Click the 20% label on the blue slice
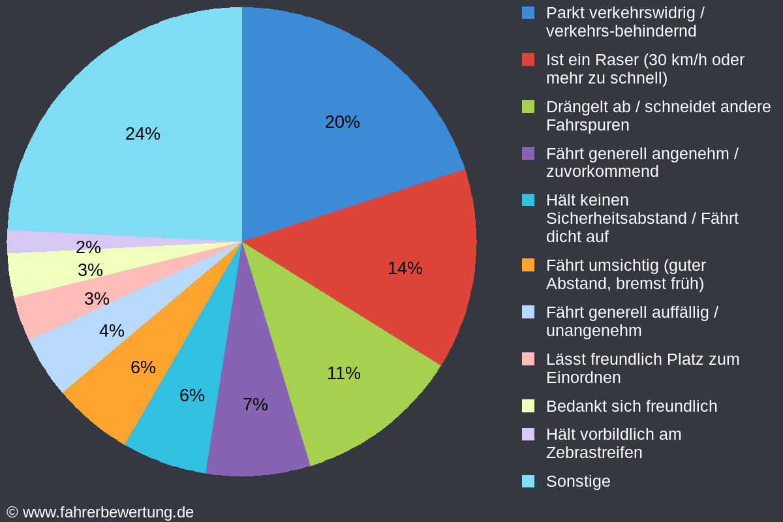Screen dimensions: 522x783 343,122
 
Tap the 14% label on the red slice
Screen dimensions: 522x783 405,268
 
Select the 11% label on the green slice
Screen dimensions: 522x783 344,373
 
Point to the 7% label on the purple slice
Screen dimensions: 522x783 255,405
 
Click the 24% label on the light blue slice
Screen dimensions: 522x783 143,134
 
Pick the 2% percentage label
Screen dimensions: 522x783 88,247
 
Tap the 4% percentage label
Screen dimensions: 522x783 112,331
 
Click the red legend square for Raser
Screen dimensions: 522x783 529,59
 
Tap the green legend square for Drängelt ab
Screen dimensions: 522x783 529,106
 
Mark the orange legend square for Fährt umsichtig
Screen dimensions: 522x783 529,265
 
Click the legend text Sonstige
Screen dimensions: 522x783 578,482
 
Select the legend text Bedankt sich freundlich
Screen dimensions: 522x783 632,407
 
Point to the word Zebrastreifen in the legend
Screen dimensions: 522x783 594,453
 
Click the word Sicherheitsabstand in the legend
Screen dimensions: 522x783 620,219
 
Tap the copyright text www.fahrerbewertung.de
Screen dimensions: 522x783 108,512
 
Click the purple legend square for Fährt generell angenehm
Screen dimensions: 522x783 529,153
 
